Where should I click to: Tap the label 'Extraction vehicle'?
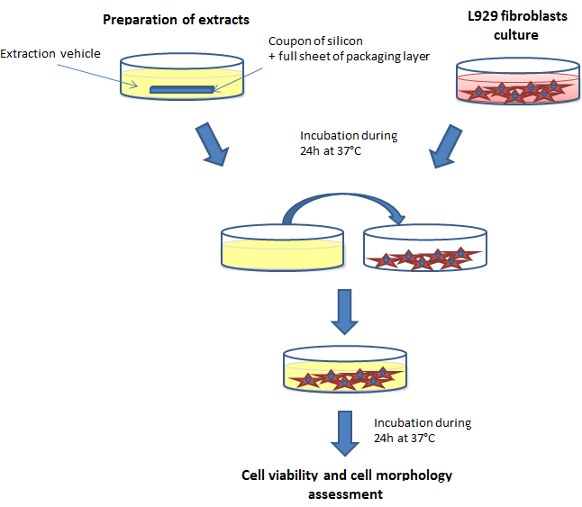coord(50,54)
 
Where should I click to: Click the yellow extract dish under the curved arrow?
coord(281,246)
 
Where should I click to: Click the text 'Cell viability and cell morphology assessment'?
coord(347,484)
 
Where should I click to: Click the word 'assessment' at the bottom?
coord(346,493)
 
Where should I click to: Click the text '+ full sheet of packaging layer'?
coord(348,56)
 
